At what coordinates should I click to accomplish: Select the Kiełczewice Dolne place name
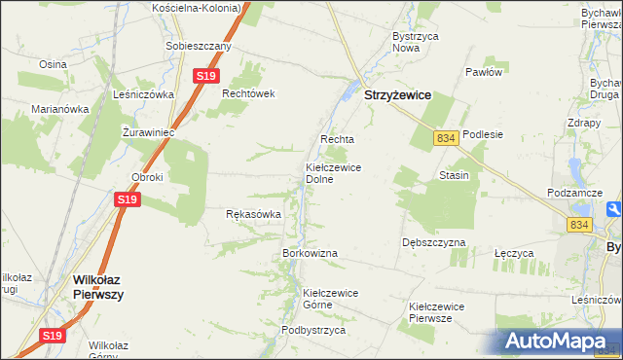click(333, 173)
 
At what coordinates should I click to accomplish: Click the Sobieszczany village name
click(199, 46)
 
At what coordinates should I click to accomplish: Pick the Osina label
click(52, 64)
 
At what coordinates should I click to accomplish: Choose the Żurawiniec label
click(149, 131)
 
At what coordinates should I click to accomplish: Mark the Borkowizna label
click(310, 253)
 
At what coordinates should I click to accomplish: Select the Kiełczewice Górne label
click(331, 298)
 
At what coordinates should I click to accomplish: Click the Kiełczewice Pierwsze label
click(436, 312)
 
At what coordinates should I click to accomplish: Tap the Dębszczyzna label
click(433, 242)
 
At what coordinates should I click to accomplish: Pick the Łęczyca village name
click(514, 253)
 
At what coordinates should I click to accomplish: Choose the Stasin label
click(454, 175)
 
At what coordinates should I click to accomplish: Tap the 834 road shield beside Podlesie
click(446, 139)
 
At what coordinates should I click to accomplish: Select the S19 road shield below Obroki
click(128, 199)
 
